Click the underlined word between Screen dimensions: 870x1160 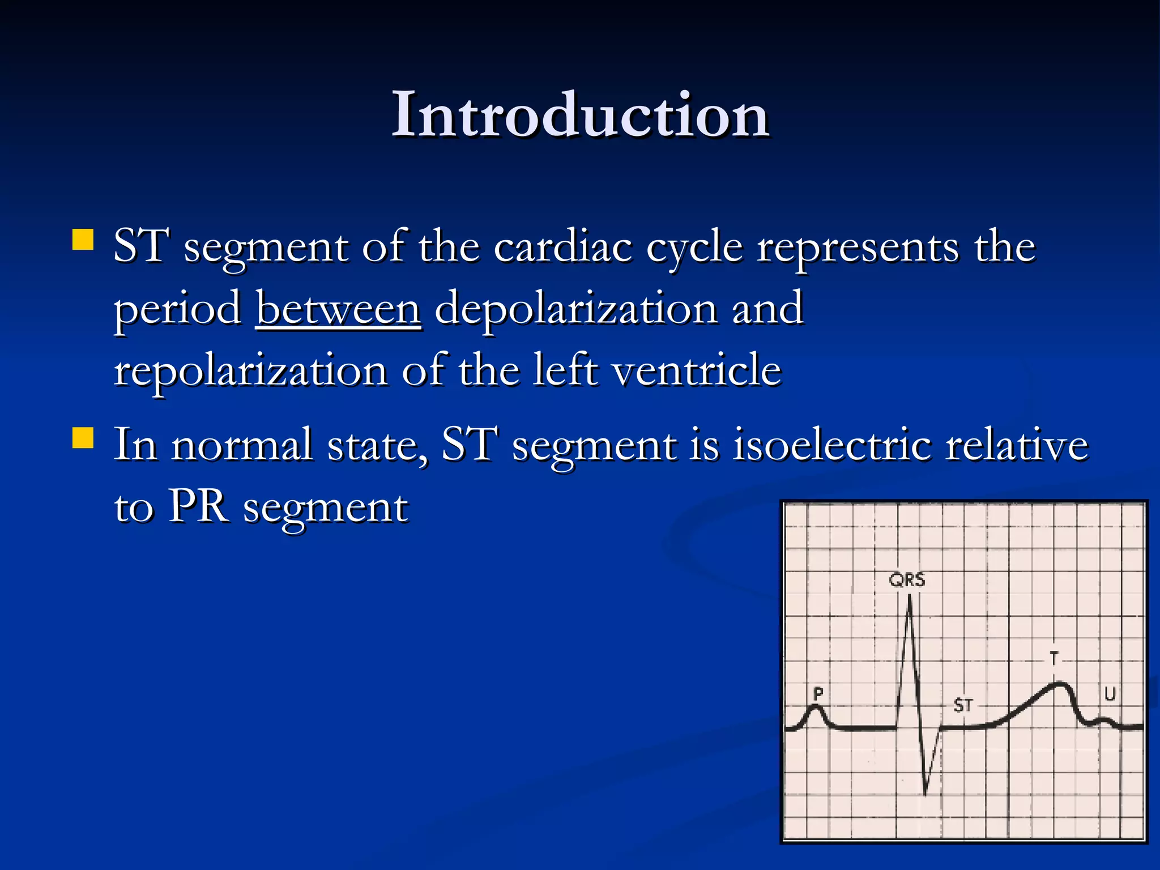coord(338,309)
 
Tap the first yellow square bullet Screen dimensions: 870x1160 coord(83,240)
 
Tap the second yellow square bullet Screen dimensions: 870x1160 coord(83,438)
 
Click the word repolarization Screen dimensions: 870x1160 coord(250,371)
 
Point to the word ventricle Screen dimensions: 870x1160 coord(697,371)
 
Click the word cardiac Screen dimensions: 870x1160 coord(562,248)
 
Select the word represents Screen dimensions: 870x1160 coord(858,248)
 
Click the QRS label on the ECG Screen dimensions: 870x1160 coord(907,580)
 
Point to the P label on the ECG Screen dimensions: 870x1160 coord(818,693)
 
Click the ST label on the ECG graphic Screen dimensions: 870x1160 coord(963,705)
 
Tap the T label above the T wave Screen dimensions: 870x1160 coord(1054,658)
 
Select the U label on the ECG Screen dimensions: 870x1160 coord(1110,694)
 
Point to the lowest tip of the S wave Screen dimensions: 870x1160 coord(926,793)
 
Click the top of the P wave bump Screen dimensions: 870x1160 coord(816,707)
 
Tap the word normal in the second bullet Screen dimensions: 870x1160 coord(242,445)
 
